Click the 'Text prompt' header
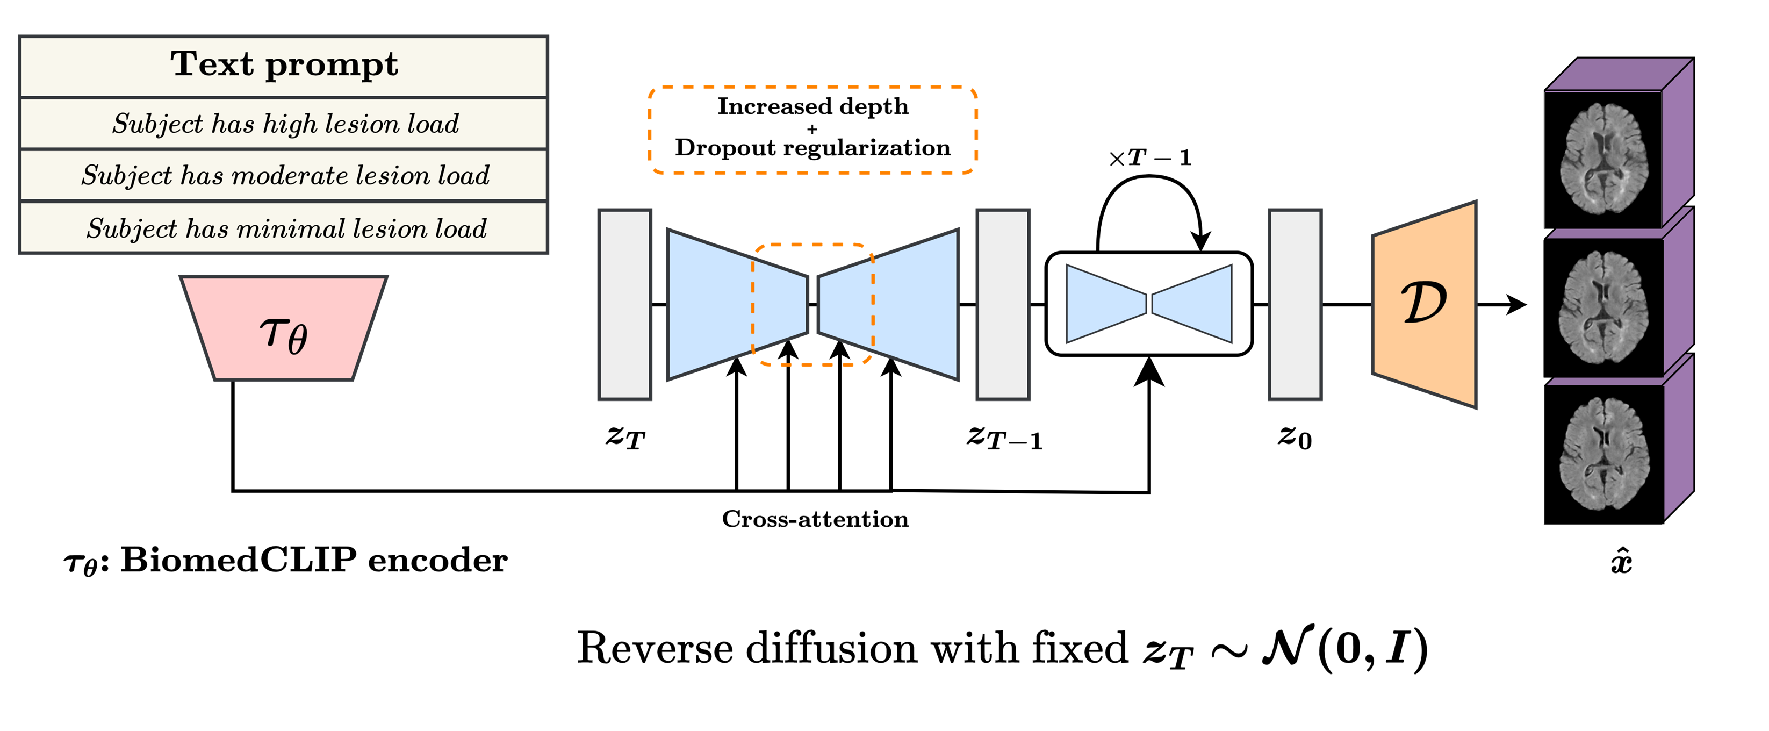click(x=284, y=65)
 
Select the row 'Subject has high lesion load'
click(x=285, y=124)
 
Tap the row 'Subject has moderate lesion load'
click(x=285, y=176)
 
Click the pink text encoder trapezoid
click(x=284, y=329)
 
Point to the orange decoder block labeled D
click(x=1423, y=304)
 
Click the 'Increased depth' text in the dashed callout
click(x=812, y=106)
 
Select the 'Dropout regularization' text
click(x=812, y=148)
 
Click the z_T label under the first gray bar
click(x=625, y=437)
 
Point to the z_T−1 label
click(x=1004, y=438)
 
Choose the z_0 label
click(x=1295, y=437)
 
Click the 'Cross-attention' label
click(x=815, y=519)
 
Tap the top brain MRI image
click(x=1603, y=160)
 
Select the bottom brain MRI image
click(x=1603, y=454)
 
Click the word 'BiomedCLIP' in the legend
click(x=238, y=561)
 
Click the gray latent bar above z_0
click(x=1295, y=304)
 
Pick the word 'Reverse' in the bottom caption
click(x=655, y=649)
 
